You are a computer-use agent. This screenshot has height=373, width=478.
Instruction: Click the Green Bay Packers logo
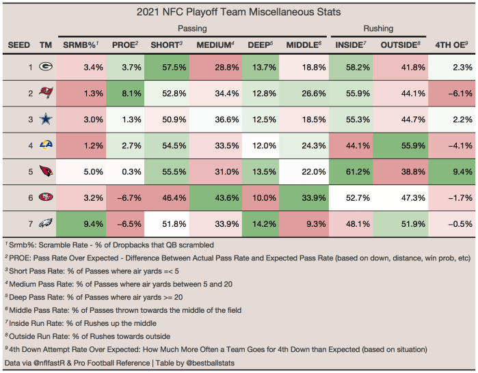(x=45, y=68)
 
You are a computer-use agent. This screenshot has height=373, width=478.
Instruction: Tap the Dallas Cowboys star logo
(x=45, y=119)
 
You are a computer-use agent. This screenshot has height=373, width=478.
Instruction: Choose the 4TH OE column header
(x=451, y=45)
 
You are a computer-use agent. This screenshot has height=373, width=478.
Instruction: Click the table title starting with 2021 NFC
(x=239, y=12)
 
